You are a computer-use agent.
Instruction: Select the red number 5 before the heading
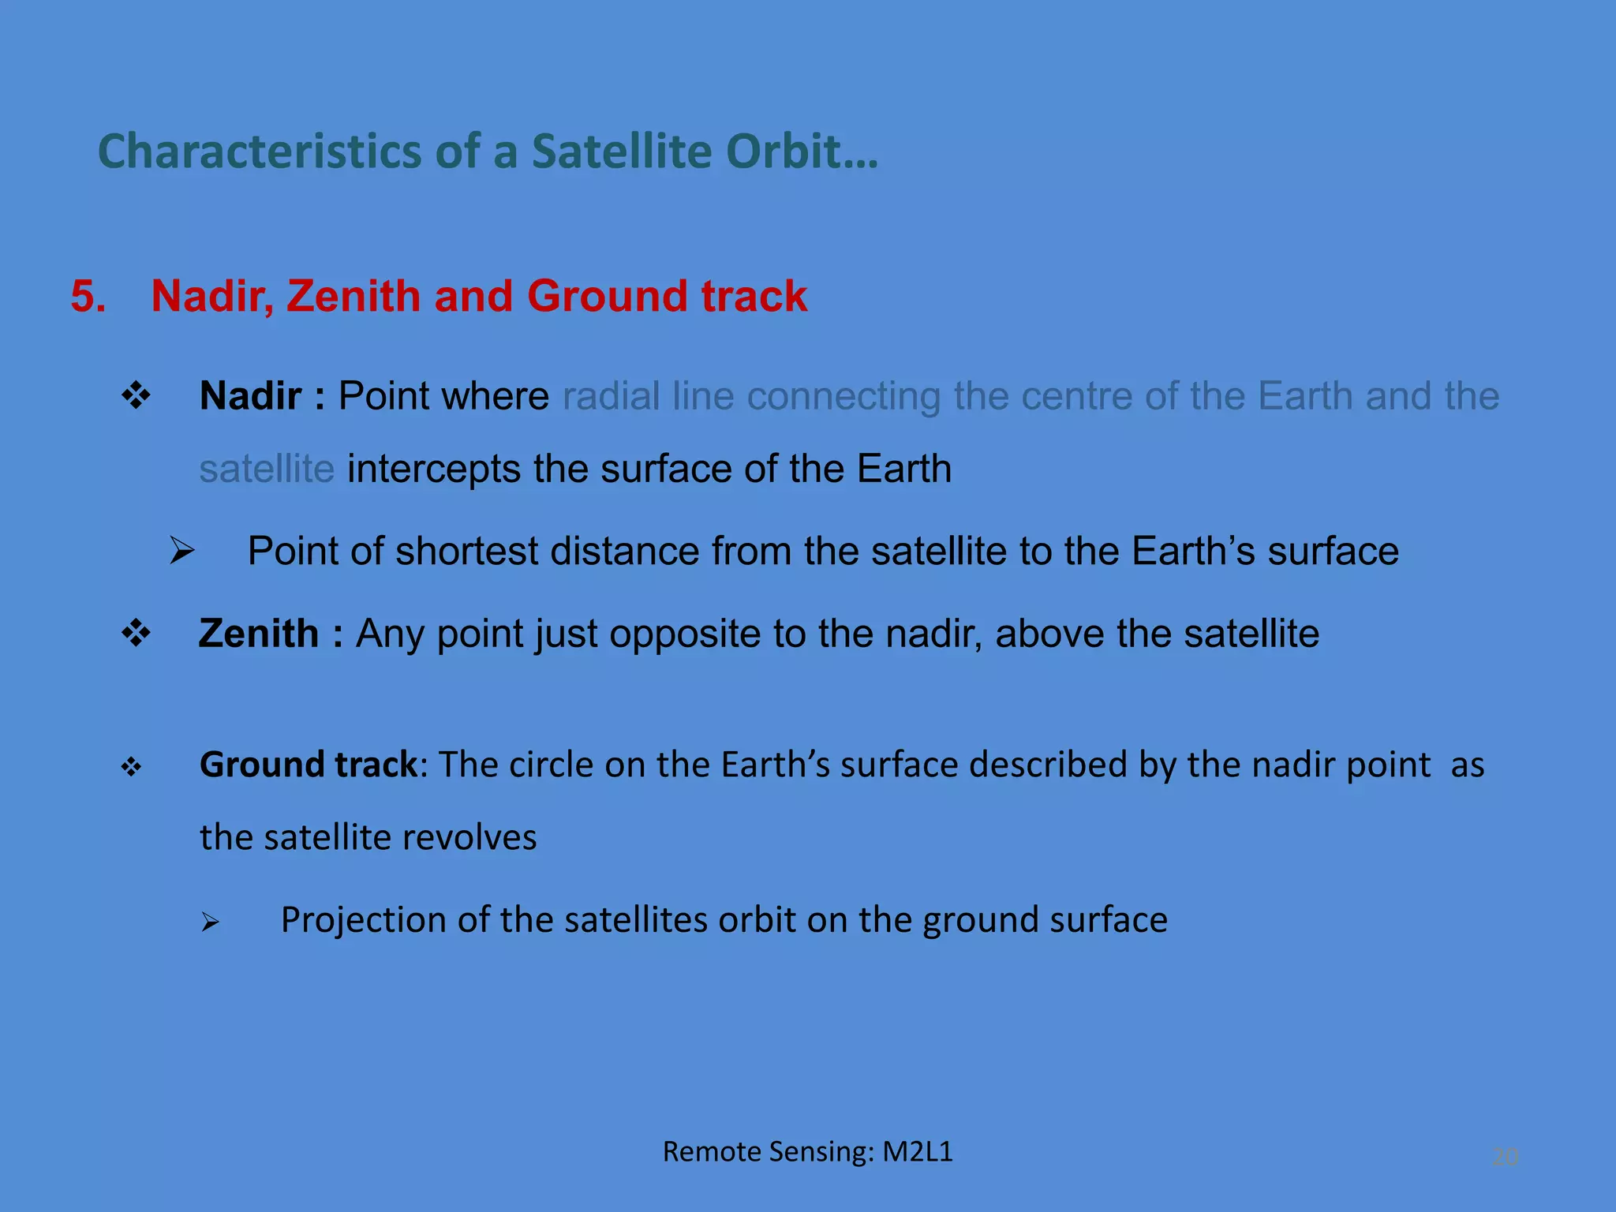point(87,297)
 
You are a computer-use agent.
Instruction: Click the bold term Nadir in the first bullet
point(250,396)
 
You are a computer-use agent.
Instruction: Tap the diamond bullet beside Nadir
point(137,395)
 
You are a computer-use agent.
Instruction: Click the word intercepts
point(434,469)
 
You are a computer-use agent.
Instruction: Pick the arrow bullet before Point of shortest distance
point(182,551)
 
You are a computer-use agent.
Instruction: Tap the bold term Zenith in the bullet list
point(258,634)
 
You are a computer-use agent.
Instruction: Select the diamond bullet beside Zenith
point(137,633)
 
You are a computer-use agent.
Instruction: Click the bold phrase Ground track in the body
point(308,765)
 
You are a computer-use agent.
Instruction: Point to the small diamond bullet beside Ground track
point(131,766)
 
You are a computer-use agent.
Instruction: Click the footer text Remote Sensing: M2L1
point(807,1152)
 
